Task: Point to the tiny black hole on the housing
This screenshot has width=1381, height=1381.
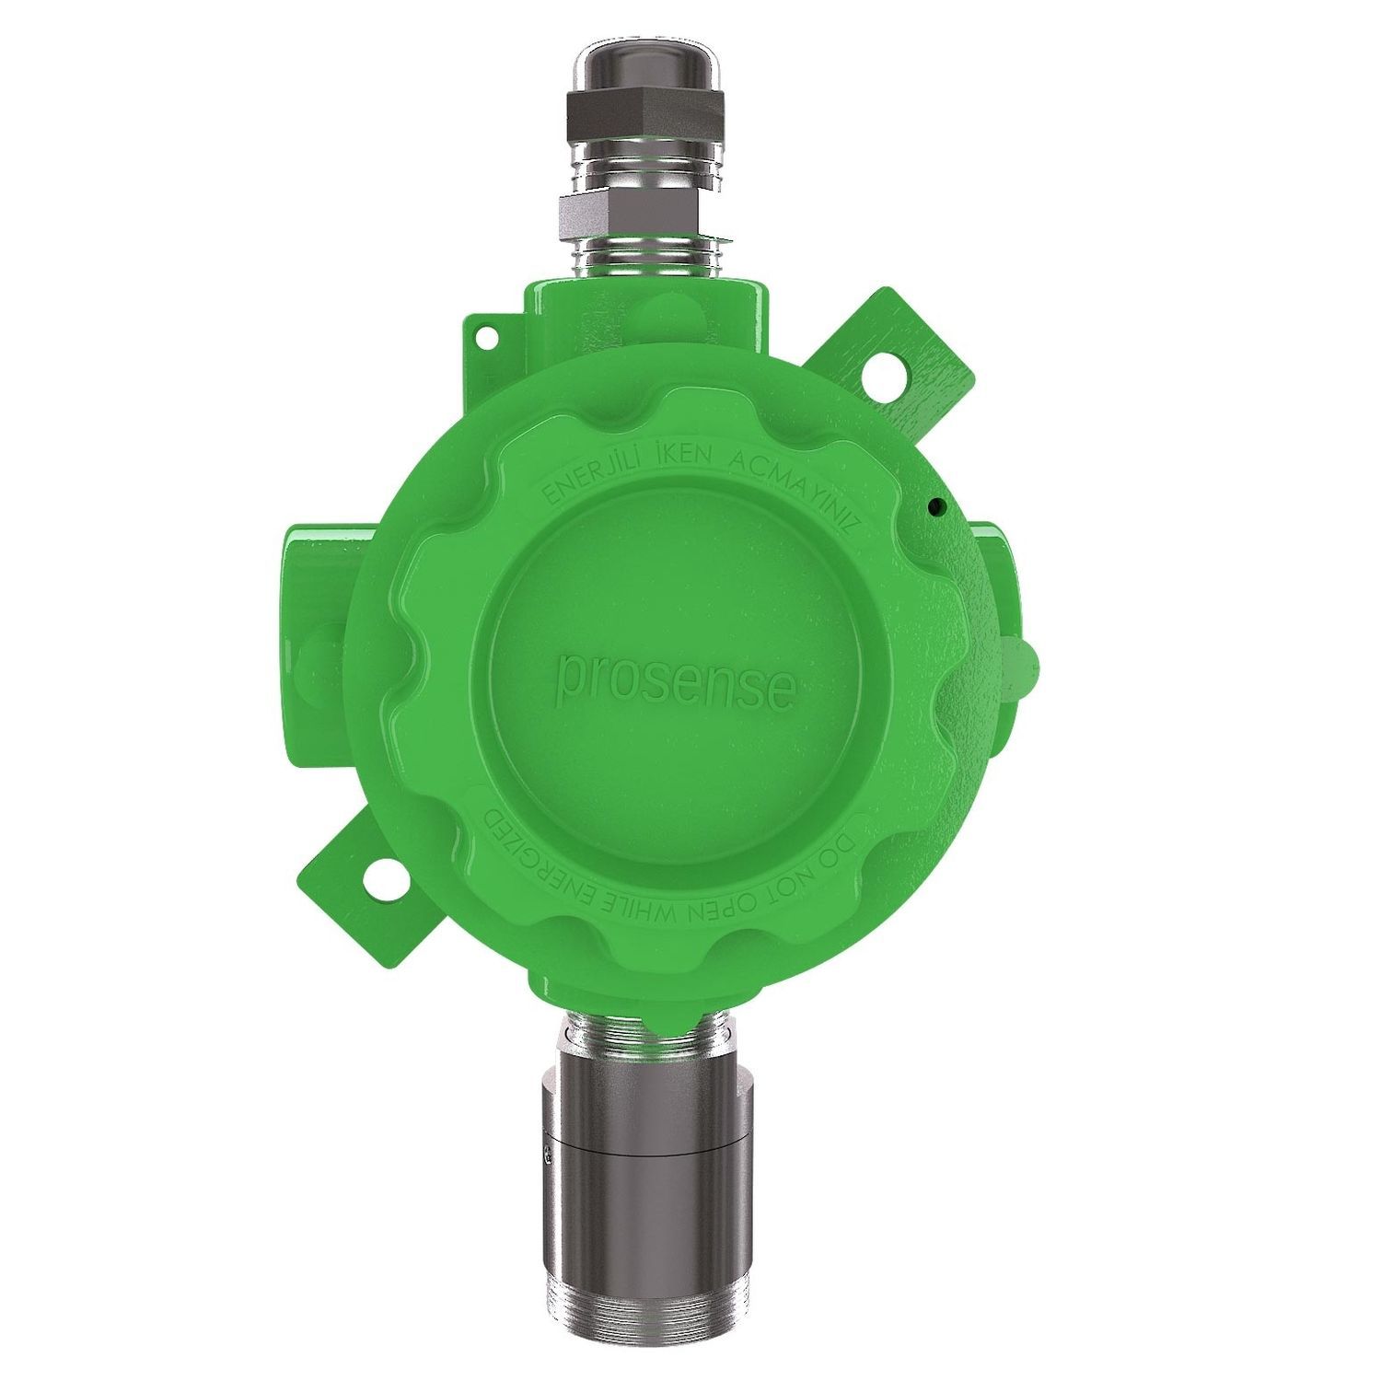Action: (x=935, y=505)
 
